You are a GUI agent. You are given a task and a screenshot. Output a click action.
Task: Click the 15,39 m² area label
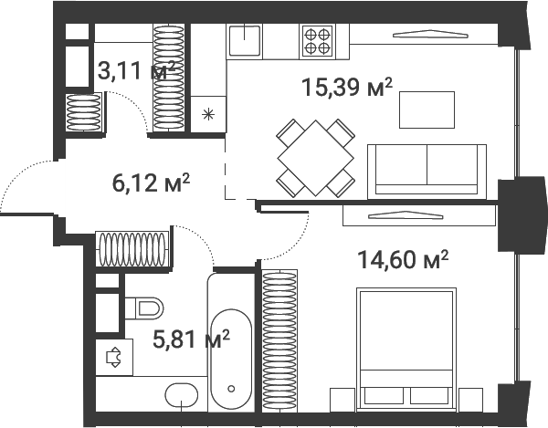[x=346, y=89]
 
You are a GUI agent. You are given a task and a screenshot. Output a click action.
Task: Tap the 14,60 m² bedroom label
[x=401, y=261]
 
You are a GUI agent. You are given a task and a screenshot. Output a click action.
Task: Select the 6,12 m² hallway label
[x=151, y=183]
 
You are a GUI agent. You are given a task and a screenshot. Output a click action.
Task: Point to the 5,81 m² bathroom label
[x=190, y=340]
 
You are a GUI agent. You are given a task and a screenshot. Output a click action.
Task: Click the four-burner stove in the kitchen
[x=317, y=40]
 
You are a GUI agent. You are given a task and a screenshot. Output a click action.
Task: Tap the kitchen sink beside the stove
[x=246, y=41]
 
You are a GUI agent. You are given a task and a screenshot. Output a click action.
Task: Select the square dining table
[x=316, y=157]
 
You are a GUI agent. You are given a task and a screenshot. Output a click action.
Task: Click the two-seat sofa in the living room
[x=426, y=169]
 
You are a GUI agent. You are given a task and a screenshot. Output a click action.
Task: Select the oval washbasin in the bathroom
[x=182, y=395]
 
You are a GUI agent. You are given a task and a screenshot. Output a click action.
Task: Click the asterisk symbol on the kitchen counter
[x=209, y=113]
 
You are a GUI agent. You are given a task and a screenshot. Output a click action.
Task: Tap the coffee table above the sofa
[x=427, y=110]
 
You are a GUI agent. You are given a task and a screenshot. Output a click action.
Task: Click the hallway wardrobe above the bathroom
[x=133, y=247]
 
